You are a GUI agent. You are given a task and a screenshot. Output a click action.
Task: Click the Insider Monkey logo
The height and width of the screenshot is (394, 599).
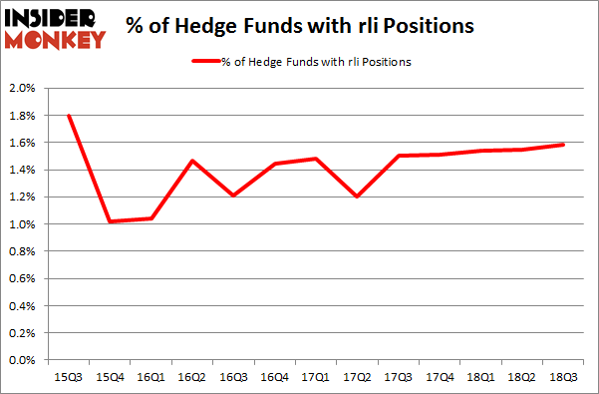tap(56, 27)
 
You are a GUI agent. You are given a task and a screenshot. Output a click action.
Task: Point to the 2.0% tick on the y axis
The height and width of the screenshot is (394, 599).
tap(22, 89)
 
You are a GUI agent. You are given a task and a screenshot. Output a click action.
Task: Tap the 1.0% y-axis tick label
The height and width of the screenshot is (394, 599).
tap(22, 224)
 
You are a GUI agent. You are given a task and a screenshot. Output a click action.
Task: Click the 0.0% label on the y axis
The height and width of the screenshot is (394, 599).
tap(22, 360)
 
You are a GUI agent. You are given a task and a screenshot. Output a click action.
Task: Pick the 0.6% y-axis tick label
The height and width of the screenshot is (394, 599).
tap(22, 279)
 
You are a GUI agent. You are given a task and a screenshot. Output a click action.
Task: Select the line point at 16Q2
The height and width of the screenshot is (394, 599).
tap(190, 161)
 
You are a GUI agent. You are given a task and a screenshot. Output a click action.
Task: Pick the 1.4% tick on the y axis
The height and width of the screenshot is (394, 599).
tap(22, 171)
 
